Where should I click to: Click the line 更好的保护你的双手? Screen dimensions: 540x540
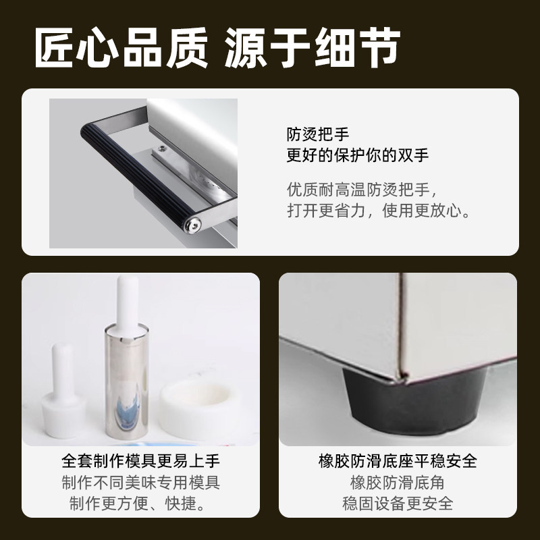(x=357, y=155)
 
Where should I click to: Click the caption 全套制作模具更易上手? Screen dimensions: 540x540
(x=140, y=462)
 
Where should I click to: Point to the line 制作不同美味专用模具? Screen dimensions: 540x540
(x=140, y=483)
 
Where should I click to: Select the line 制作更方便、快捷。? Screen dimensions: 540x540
(x=140, y=504)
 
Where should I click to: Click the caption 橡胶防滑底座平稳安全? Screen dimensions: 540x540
(x=398, y=462)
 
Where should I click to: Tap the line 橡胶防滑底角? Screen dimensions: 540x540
(x=398, y=483)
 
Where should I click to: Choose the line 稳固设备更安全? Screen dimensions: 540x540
(x=398, y=504)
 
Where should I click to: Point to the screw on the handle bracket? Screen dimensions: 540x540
(x=162, y=146)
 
